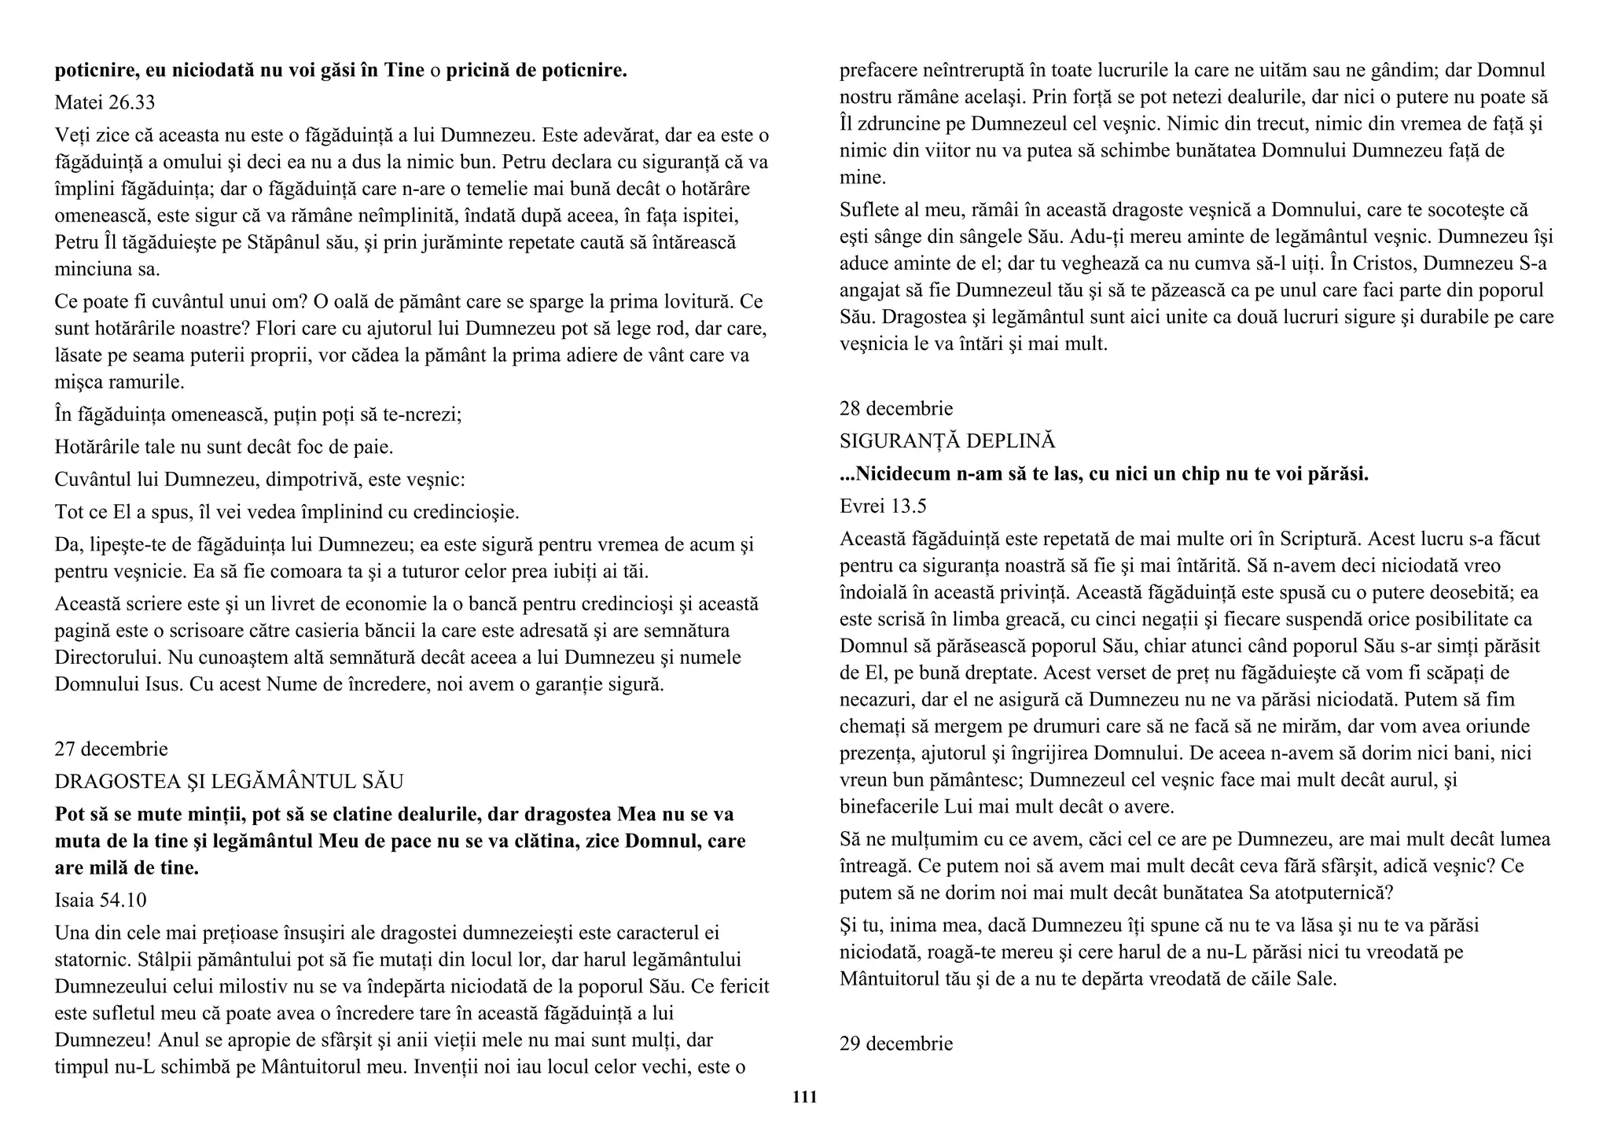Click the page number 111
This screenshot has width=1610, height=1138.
point(804,1097)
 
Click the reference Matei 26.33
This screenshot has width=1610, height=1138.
point(105,102)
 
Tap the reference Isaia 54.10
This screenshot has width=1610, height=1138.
point(101,900)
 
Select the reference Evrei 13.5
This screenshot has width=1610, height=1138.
point(883,506)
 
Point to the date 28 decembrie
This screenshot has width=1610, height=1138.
point(896,408)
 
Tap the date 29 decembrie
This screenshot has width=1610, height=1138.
point(896,1044)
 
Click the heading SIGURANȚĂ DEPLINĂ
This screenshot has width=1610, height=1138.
point(947,440)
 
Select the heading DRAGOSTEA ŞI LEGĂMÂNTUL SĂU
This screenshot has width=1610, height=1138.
point(229,781)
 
